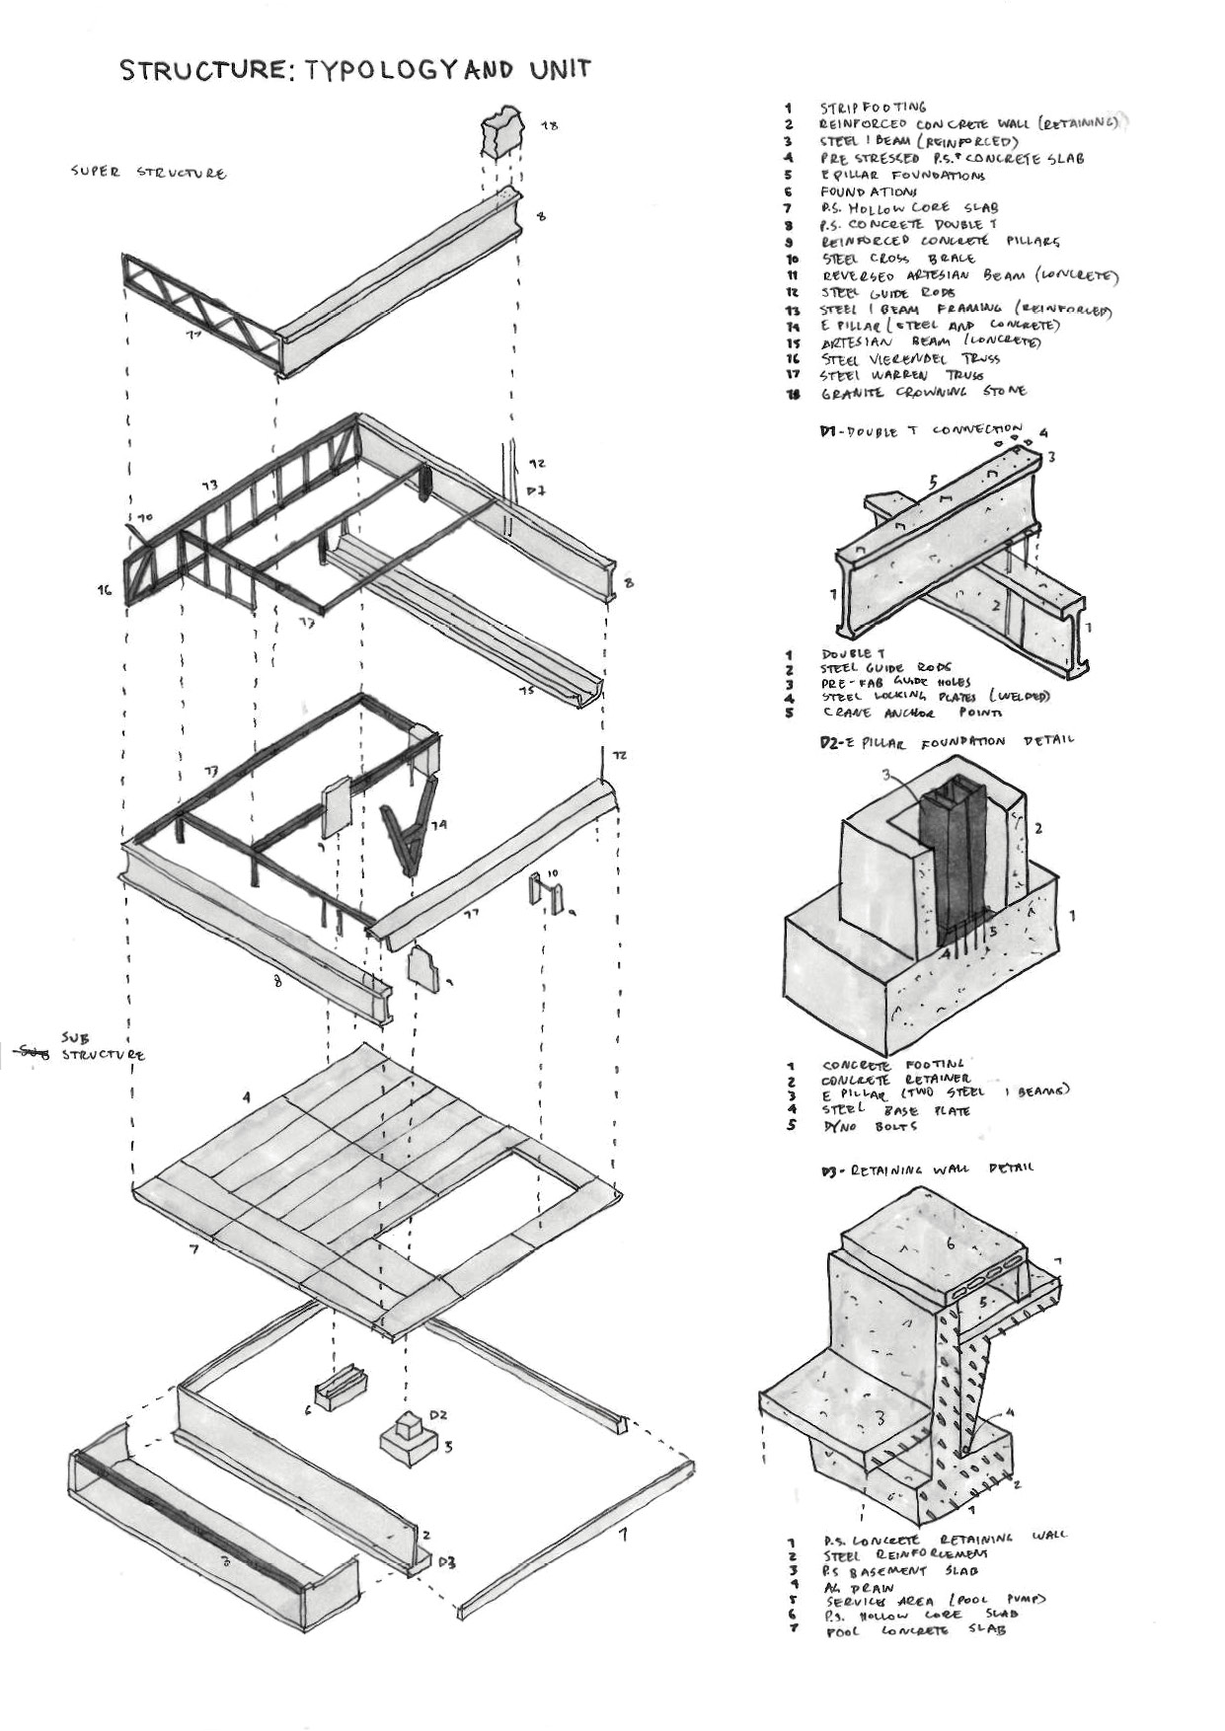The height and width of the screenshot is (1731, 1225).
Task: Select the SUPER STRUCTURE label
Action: point(148,173)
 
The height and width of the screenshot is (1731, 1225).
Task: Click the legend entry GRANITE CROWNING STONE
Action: point(922,392)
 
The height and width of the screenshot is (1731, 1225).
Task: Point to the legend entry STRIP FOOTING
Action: point(873,107)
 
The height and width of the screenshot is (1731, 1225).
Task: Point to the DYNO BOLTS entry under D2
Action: point(869,1126)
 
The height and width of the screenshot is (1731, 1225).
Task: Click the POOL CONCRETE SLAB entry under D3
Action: point(913,1630)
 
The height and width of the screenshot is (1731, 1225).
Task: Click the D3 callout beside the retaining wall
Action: point(446,1562)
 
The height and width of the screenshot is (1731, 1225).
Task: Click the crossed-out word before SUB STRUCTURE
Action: point(30,1053)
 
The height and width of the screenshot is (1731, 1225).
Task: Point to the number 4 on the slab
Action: point(247,1096)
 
